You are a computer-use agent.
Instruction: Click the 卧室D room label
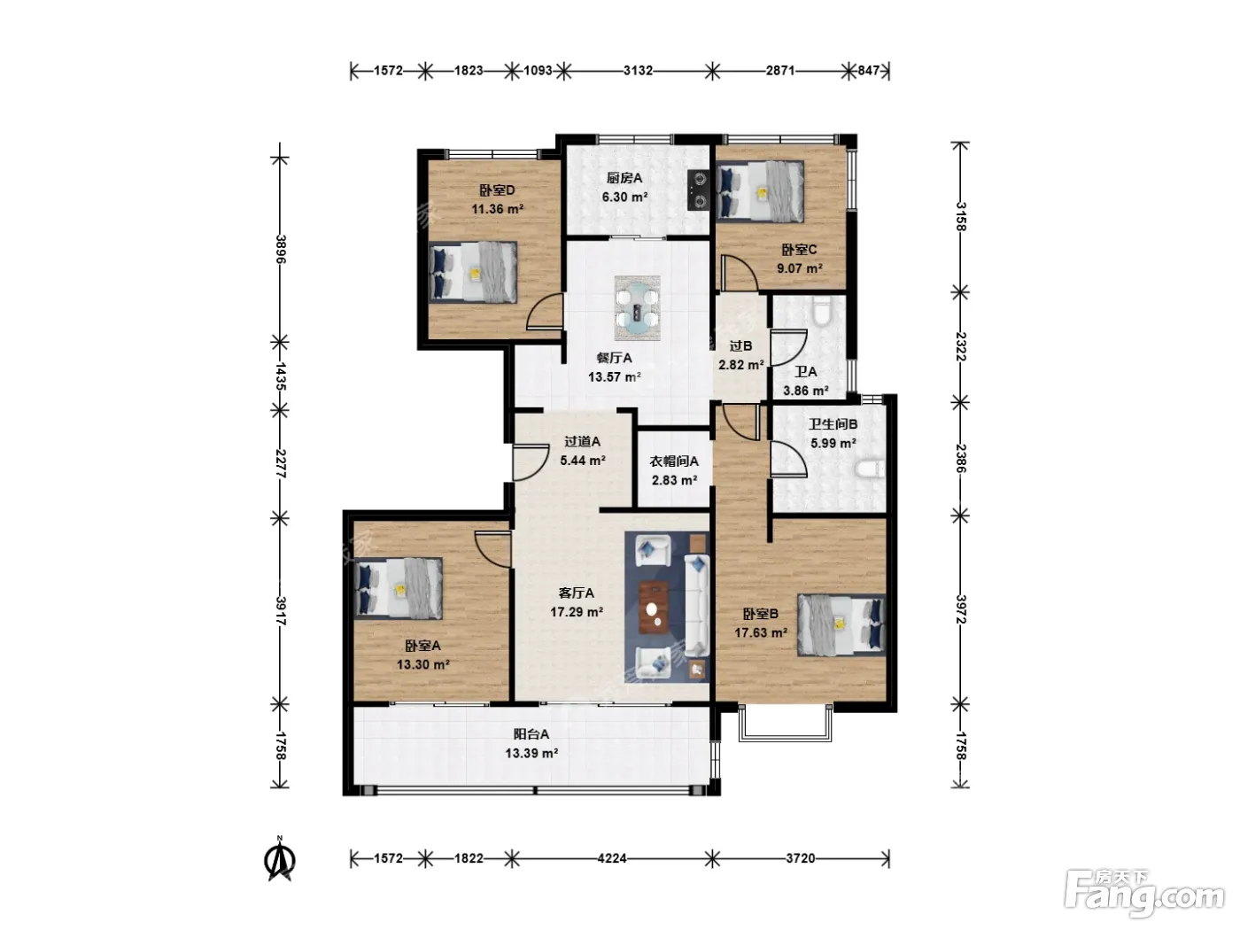(x=497, y=190)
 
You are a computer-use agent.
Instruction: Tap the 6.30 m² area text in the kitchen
(x=624, y=197)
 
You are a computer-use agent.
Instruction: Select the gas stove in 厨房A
(x=699, y=190)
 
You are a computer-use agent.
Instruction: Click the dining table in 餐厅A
(x=637, y=308)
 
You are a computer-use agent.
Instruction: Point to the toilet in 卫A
(x=822, y=312)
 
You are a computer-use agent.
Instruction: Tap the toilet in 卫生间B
(x=870, y=469)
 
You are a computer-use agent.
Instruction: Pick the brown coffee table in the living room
(x=654, y=607)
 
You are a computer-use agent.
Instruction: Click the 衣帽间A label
(x=674, y=461)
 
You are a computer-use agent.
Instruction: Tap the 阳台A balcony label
(x=531, y=734)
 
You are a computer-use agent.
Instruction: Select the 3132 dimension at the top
(x=638, y=71)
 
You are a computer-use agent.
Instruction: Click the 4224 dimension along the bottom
(x=612, y=858)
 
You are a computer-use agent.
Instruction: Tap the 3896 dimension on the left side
(x=281, y=249)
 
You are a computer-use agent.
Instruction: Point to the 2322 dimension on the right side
(x=961, y=346)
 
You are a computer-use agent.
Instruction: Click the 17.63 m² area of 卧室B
(x=760, y=633)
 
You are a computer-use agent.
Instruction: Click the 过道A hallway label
(x=582, y=442)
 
